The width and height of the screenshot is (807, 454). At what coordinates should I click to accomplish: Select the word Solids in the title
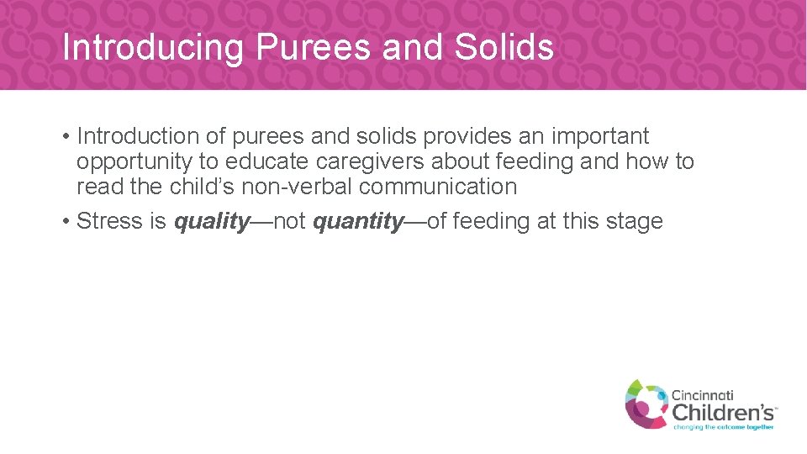coord(504,47)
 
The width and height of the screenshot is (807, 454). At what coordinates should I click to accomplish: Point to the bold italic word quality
coord(212,222)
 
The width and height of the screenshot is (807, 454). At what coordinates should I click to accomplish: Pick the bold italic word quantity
coord(358,222)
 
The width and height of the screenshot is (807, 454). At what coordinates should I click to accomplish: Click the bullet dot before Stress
coord(65,222)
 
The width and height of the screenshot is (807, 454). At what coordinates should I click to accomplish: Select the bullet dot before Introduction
coord(65,136)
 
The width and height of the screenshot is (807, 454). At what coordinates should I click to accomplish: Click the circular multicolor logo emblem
coord(646,404)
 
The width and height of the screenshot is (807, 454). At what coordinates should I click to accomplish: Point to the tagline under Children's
coord(723,426)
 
